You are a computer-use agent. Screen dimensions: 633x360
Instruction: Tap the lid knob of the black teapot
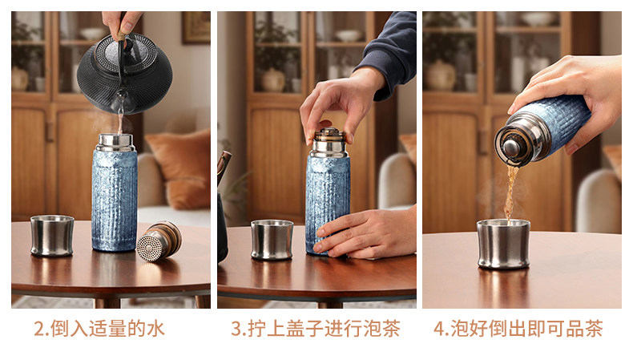[127, 43]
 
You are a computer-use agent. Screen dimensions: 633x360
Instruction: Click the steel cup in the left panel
[52, 236]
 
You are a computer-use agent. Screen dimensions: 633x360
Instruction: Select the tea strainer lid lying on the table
[159, 241]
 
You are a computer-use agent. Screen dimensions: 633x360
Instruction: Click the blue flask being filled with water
[115, 192]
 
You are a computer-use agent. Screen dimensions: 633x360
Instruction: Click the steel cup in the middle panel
[272, 240]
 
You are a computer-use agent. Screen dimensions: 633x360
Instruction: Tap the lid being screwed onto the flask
[330, 137]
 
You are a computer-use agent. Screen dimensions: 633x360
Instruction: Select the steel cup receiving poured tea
[503, 244]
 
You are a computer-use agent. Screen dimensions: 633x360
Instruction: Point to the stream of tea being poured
[510, 192]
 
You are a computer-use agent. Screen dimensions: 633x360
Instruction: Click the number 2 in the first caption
[38, 329]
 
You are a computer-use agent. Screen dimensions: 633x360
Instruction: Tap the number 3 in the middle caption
[236, 329]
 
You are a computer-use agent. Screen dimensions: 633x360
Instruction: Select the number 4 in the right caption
[439, 329]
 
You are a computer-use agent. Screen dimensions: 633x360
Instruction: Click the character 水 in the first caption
[155, 329]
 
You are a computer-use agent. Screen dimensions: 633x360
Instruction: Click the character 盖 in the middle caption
[295, 329]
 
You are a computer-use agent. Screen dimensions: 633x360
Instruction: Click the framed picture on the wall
[196, 26]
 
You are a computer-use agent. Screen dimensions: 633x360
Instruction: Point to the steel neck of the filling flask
[115, 143]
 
